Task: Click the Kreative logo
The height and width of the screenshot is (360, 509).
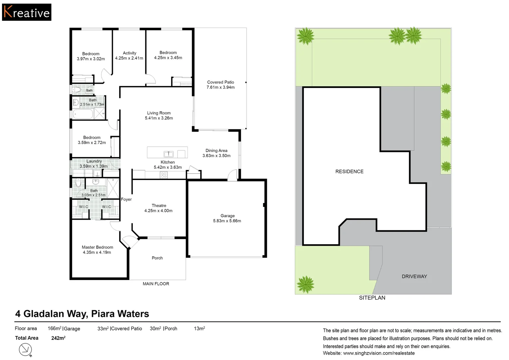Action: pos(27,12)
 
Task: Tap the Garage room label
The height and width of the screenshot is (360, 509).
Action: pos(228,216)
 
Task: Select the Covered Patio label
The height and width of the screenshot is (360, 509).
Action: pos(221,82)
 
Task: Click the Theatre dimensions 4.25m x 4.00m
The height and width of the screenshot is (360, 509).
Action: pos(158,211)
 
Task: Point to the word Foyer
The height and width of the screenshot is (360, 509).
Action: pos(126,199)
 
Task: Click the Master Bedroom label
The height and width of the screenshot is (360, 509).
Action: pos(97,247)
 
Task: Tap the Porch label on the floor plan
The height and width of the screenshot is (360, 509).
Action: pos(157,258)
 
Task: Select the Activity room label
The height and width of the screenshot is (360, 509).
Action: pos(130,53)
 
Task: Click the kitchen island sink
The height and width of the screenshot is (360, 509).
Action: pos(169,154)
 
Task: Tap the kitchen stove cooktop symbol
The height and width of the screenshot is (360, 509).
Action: pos(164,175)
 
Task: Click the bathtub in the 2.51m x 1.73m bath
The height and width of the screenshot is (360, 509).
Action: pos(83,114)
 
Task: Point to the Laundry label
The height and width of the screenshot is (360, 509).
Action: pos(94,161)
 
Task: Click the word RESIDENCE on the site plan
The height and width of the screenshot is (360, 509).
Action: pos(349,171)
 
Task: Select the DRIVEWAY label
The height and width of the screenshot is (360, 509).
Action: pos(414,276)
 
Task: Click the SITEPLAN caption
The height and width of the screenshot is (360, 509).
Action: pos(372,298)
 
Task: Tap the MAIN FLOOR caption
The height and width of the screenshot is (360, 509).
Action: pos(156,284)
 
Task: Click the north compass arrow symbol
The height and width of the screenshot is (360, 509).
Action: pos(25,350)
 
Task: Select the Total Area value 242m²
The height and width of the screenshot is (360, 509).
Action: pos(58,338)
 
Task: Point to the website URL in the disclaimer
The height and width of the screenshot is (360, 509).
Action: pos(379,353)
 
